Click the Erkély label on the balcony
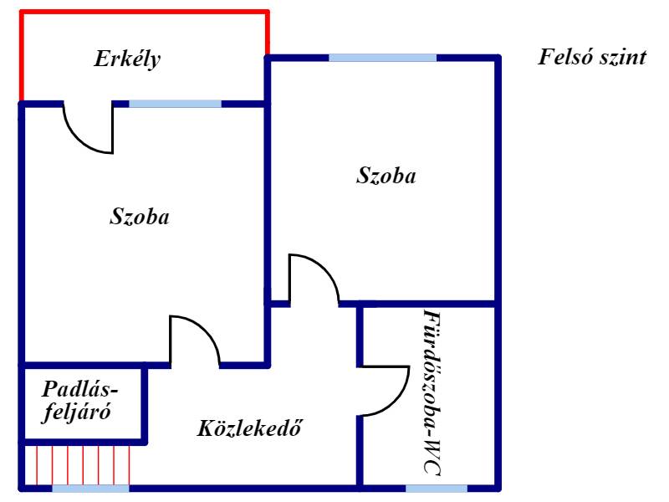[127, 59]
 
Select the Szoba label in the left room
[140, 218]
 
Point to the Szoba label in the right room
[386, 177]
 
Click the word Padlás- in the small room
[81, 389]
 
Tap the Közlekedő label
[249, 430]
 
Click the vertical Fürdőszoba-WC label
[431, 393]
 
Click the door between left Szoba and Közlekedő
[194, 341]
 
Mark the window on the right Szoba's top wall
[382, 58]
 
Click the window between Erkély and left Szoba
[175, 104]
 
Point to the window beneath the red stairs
[90, 488]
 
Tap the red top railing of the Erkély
[144, 12]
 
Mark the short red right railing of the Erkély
[268, 33]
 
